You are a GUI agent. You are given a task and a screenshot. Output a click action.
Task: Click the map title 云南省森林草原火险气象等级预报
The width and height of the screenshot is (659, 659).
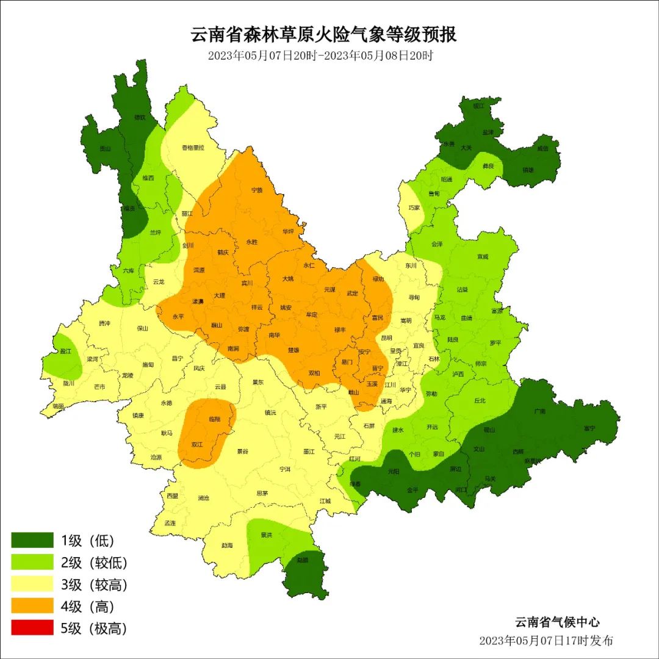coord(324,35)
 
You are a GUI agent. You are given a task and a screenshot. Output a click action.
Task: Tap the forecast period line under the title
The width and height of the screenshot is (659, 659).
coord(320,56)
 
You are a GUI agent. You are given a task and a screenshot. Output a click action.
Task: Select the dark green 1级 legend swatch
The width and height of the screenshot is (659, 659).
coord(32,540)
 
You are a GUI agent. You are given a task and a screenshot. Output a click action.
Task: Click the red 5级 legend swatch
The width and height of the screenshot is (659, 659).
coord(32,628)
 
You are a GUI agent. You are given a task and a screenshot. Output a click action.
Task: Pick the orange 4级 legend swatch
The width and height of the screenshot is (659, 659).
coord(32,607)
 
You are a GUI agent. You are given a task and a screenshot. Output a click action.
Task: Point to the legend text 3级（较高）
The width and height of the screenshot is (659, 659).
coord(94,585)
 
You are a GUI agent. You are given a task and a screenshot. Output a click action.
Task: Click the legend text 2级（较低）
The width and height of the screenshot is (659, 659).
coord(94,563)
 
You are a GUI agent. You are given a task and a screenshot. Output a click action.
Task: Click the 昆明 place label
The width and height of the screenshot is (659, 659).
coord(386,337)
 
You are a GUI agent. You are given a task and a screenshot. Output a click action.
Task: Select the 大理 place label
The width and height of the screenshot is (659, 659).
coord(220,295)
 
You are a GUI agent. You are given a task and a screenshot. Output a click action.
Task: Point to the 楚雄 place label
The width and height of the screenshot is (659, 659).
coord(293,350)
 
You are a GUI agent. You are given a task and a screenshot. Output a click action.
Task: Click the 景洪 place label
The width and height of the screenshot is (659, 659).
coord(266,535)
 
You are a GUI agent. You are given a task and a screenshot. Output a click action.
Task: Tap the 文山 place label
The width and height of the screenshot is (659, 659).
coord(479,449)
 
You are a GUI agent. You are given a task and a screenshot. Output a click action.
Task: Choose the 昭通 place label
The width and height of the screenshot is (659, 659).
coord(446,179)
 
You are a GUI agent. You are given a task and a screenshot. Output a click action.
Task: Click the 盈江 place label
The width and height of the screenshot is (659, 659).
coord(65,353)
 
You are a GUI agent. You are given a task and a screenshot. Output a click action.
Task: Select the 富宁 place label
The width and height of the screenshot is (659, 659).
coord(589,428)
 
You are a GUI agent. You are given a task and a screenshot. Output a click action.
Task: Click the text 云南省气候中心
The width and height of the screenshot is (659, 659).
coord(557,622)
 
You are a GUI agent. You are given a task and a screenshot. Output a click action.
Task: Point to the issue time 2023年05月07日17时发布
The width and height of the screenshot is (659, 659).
coord(546,641)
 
